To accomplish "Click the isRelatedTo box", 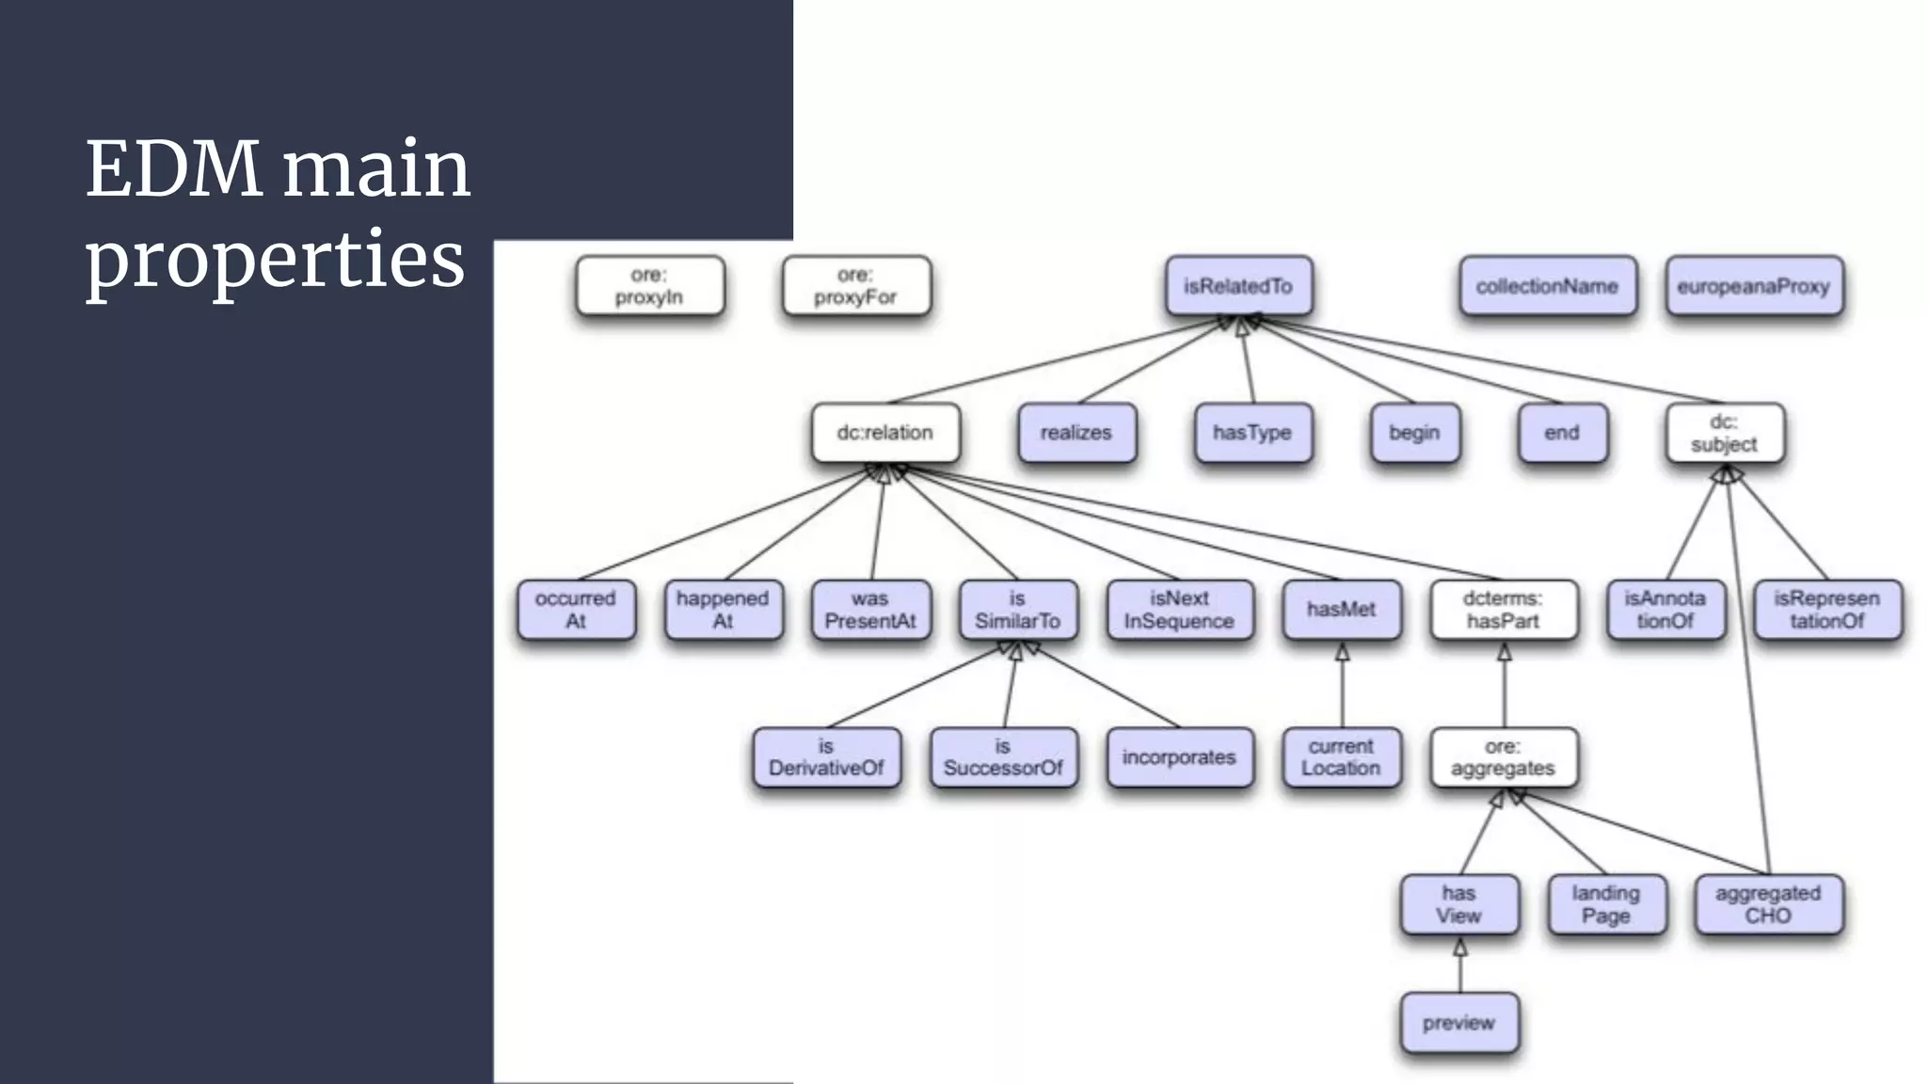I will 1238,286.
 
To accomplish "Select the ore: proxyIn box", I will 649,286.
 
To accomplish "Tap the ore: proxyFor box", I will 855,286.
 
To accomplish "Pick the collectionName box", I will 1547,286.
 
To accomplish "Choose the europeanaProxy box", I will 1753,286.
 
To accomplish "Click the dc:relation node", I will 884,433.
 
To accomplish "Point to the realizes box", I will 1076,433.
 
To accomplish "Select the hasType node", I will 1252,433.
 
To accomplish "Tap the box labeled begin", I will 1414,433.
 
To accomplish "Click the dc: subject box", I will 1724,433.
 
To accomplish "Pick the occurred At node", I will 576,610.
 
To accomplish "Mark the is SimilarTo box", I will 1017,610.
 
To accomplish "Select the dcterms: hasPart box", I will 1503,610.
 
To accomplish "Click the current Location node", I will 1341,757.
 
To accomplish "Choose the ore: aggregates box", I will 1503,757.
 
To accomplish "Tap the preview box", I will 1458,1023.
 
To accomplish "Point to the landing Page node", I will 1606,904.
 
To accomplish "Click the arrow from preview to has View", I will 1460,965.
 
